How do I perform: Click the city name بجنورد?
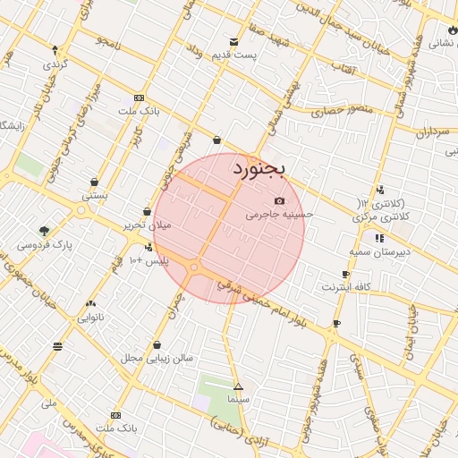pos(258,168)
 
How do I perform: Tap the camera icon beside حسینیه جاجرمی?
pos(280,201)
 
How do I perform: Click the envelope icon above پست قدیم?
pos(233,42)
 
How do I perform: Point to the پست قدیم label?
pos(234,55)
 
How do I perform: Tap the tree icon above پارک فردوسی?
pos(44,231)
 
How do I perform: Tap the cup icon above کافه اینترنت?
pos(346,275)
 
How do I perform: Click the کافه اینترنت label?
pos(346,287)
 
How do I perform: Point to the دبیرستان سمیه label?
pos(380,252)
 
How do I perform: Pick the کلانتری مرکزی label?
pos(380,217)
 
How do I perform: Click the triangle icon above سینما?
pos(237,386)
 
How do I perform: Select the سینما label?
pos(237,398)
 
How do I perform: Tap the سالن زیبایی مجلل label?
pos(157,358)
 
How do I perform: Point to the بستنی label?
pos(95,193)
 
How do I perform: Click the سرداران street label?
pos(431,131)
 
